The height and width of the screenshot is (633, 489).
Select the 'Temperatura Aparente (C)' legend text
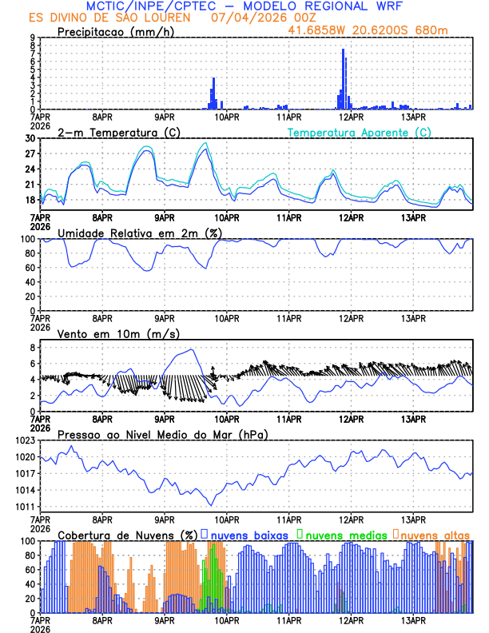pyautogui.click(x=360, y=132)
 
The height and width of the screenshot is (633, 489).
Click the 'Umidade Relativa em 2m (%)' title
pyautogui.click(x=140, y=233)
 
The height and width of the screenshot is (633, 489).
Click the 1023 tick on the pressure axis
pyautogui.click(x=26, y=440)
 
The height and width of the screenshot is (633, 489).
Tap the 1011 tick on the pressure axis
pyautogui.click(x=26, y=507)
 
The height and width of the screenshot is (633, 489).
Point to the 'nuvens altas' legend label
pyautogui.click(x=435, y=534)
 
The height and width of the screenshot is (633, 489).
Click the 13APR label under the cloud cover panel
pyautogui.click(x=412, y=619)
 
